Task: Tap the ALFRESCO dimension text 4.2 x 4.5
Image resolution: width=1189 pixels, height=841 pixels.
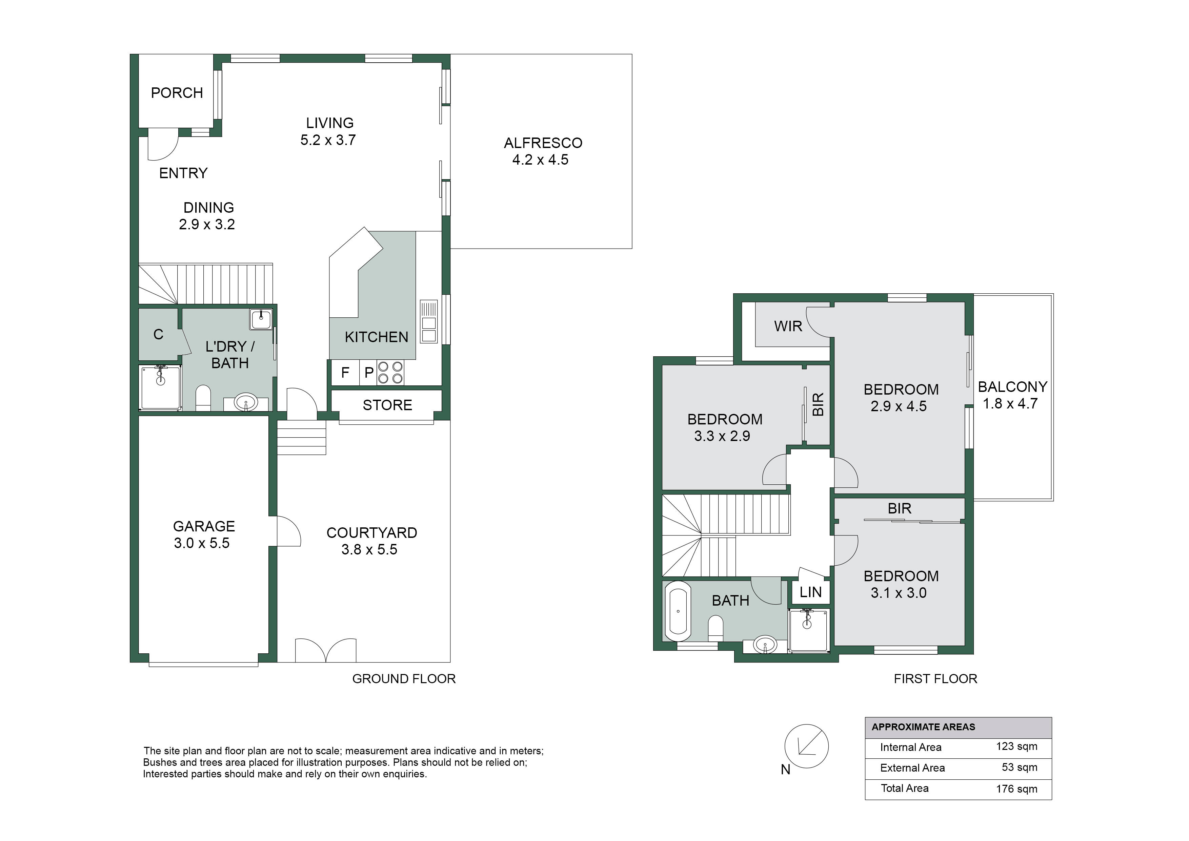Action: [540, 160]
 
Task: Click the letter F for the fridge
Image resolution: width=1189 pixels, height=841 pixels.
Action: [345, 372]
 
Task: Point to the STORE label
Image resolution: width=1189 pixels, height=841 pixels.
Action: [387, 405]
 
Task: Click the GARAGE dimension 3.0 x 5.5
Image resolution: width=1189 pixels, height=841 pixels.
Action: [202, 543]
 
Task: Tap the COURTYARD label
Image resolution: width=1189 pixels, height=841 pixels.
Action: [372, 533]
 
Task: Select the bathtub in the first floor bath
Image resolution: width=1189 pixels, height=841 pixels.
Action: [678, 612]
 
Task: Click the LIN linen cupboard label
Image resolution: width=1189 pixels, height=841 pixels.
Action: [811, 592]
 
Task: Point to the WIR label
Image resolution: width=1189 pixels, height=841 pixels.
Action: [788, 326]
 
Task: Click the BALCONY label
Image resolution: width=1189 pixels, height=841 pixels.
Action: [1012, 387]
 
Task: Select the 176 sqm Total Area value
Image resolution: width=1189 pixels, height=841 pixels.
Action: [1016, 789]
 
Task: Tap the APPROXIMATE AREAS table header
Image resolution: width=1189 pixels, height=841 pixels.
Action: [923, 727]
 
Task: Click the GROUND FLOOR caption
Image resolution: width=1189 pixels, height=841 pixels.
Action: [404, 679]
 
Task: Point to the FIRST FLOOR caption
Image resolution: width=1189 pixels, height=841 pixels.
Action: [936, 679]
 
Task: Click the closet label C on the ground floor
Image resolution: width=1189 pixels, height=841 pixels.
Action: [159, 335]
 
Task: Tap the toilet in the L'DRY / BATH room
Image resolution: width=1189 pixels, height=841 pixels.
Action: [203, 398]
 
